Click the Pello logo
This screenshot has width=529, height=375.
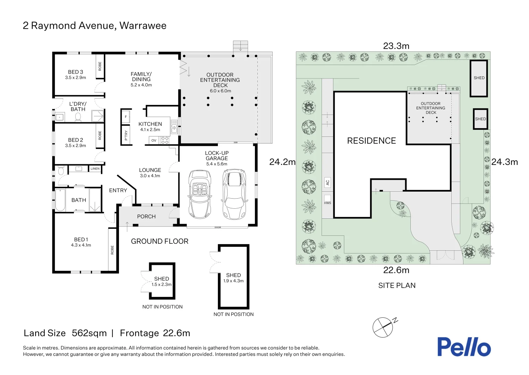464,347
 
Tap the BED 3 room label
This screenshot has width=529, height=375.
76,72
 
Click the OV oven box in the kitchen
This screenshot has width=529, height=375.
154,140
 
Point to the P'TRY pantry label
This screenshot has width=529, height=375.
126,135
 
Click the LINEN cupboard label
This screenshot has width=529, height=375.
95,169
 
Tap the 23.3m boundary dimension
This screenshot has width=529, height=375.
396,46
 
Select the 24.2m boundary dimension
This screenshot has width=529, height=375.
282,162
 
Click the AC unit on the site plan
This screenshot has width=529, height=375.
327,183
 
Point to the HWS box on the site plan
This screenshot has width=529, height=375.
327,200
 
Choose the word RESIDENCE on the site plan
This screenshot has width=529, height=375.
372,141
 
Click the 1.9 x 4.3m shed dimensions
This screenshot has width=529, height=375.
233,281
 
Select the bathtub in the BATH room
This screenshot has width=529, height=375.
60,200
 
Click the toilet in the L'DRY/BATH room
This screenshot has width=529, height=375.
78,117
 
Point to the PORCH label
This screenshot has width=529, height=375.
146,216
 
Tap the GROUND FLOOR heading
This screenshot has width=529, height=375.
160,241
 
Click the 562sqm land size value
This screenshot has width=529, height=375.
89,333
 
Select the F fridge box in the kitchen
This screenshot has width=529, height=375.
126,117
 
